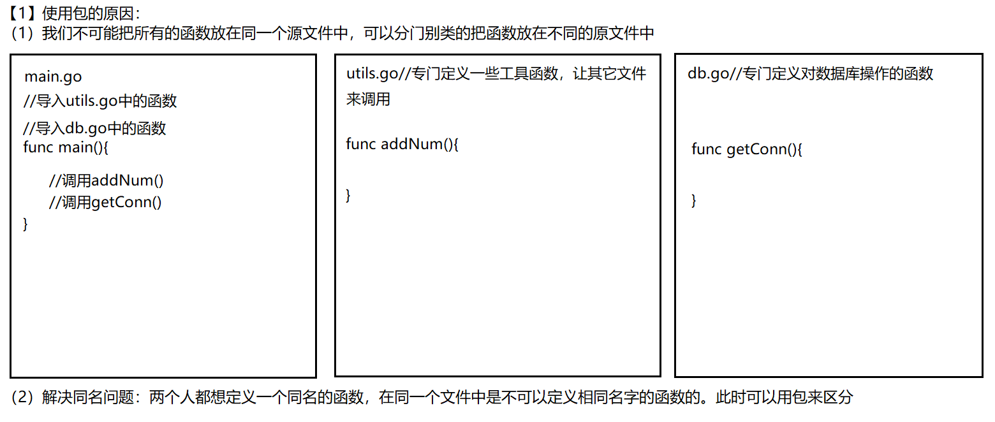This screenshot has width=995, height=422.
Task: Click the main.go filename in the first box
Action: [53, 77]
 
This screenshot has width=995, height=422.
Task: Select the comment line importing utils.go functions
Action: [99, 101]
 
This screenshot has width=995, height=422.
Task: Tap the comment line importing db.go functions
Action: [94, 128]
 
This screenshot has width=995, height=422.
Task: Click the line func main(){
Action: [66, 148]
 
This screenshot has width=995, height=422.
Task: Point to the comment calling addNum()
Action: [106, 180]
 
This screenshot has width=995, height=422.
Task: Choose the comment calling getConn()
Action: [105, 203]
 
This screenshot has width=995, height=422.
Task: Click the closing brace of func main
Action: [26, 224]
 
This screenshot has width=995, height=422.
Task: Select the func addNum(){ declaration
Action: [402, 143]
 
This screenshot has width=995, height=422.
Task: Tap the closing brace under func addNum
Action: [348, 195]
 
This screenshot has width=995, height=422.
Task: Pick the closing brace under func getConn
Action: [694, 201]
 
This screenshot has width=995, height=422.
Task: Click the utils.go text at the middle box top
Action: [372, 73]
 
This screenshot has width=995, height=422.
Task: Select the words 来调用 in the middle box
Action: [368, 99]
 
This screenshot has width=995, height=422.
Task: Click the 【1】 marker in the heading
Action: [22, 11]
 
